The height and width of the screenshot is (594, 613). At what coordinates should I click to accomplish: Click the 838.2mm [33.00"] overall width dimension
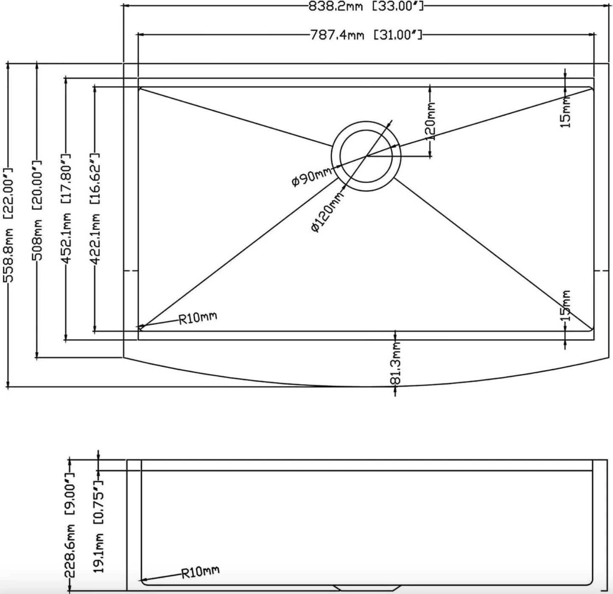(x=366, y=6)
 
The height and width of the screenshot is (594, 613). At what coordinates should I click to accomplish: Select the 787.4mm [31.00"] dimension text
(x=367, y=35)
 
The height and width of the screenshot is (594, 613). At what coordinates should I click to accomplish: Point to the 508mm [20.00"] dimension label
(x=37, y=210)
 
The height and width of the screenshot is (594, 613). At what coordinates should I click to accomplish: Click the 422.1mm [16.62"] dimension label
(x=95, y=209)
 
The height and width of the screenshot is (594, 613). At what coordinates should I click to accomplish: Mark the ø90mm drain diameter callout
(x=312, y=177)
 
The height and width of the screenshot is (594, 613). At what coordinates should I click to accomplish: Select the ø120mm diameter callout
(x=326, y=212)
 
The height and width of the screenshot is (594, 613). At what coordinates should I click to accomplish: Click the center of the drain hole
(x=366, y=156)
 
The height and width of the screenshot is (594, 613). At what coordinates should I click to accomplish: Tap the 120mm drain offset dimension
(x=430, y=121)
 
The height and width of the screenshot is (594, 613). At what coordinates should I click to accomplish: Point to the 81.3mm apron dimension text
(x=395, y=363)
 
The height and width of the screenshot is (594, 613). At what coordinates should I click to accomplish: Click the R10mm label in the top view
(x=198, y=318)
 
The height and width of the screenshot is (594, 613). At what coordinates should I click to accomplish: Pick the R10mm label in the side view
(x=200, y=572)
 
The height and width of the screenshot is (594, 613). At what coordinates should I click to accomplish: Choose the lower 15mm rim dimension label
(x=566, y=306)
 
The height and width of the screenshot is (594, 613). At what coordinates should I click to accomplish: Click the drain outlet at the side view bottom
(x=367, y=588)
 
